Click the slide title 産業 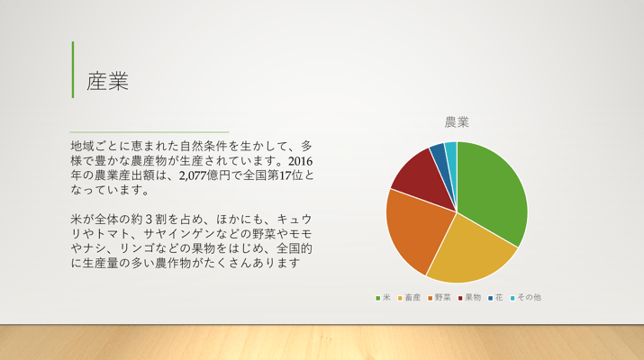(107, 81)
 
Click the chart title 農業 (457, 121)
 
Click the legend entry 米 (383, 298)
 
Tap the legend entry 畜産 (409, 298)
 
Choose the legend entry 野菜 (439, 298)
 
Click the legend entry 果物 (469, 298)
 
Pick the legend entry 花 (495, 298)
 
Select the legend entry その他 (526, 298)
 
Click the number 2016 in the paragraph (300, 161)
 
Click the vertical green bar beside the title (73, 69)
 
